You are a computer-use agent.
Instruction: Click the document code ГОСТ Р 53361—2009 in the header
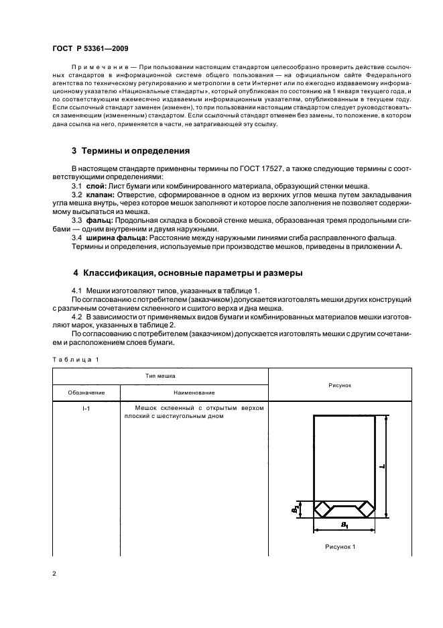pyautogui.click(x=91, y=49)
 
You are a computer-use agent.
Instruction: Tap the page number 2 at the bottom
pyautogui.click(x=55, y=574)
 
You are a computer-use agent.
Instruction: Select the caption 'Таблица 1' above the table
pyautogui.click(x=75, y=359)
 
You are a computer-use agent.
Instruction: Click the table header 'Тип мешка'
pyautogui.click(x=160, y=377)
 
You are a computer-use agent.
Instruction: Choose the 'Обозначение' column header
pyautogui.click(x=86, y=392)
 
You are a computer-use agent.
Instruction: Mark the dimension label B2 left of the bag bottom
pyautogui.click(x=294, y=509)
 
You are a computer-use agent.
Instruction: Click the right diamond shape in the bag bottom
pyautogui.click(x=366, y=509)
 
